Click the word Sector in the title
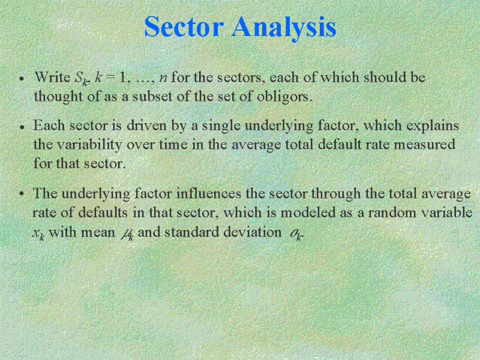pos(184,26)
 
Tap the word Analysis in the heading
pos(284,28)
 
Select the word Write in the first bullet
pos(52,77)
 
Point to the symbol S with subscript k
pos(82,79)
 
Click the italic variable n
pos(163,79)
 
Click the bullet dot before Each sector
pos(22,127)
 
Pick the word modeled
pos(308,212)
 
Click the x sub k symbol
pos(38,233)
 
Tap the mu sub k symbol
pos(127,234)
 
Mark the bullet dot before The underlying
pos(22,194)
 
